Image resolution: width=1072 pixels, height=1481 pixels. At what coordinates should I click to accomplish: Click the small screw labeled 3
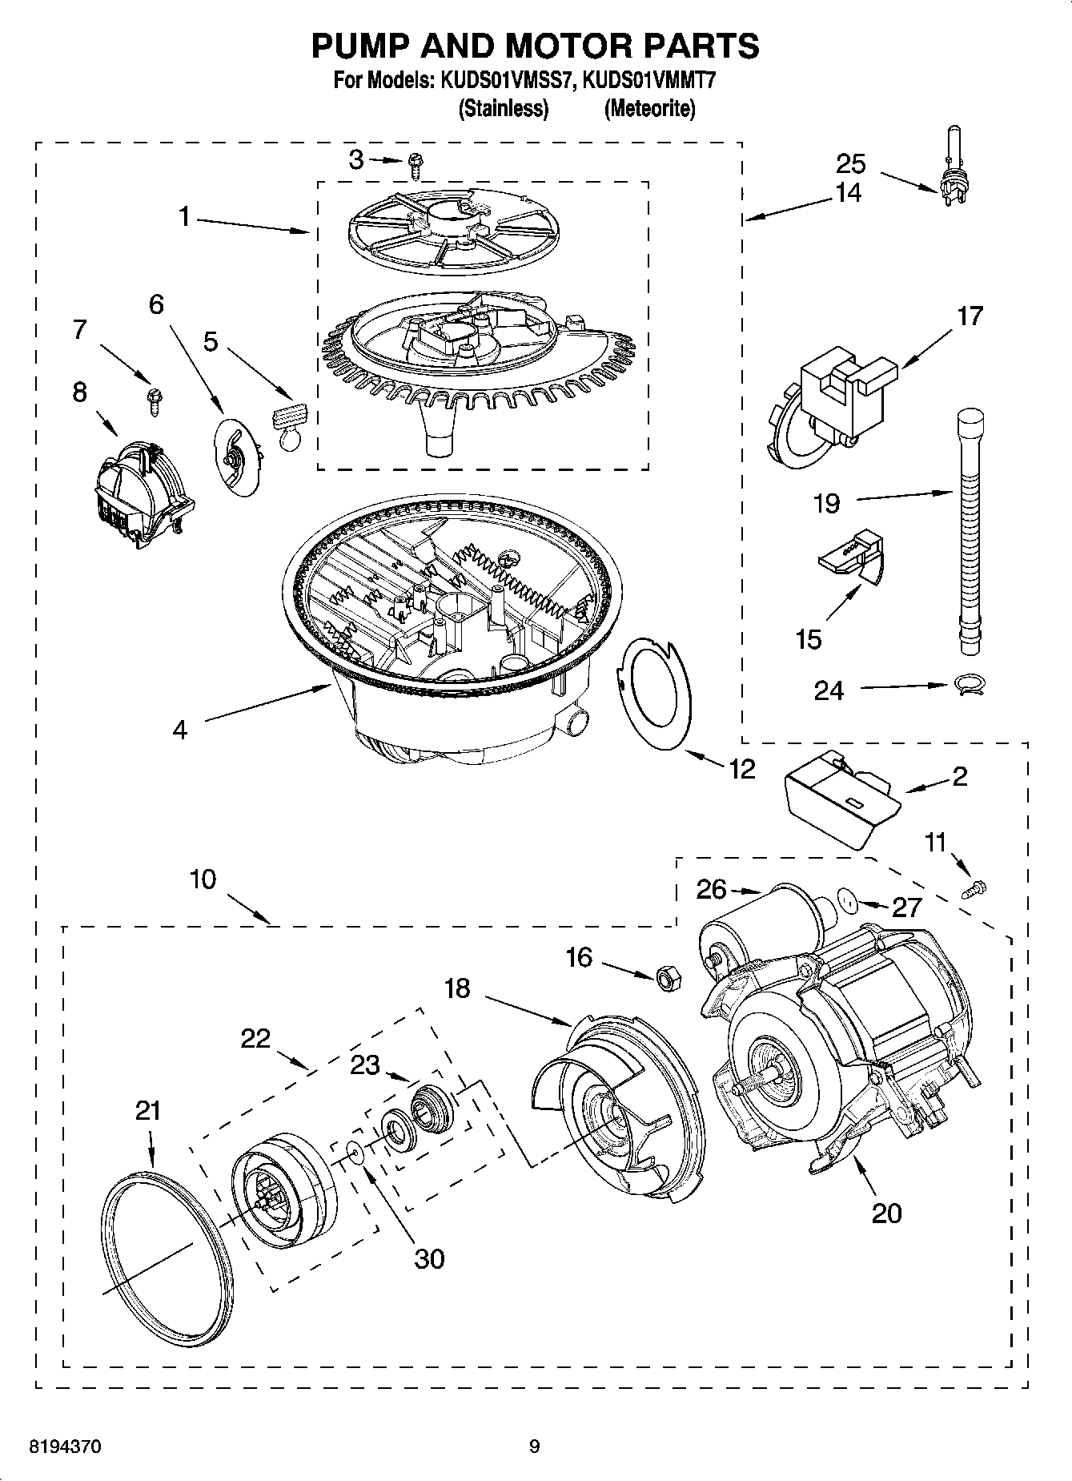(415, 165)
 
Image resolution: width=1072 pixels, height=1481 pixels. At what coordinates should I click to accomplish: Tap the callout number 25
(850, 163)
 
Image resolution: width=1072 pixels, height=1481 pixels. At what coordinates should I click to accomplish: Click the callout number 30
(429, 1258)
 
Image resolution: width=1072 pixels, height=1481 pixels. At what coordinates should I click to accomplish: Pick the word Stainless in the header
(503, 109)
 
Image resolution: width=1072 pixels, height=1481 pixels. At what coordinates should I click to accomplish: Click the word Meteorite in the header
(649, 109)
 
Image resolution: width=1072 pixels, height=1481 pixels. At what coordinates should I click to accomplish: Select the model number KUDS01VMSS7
(504, 81)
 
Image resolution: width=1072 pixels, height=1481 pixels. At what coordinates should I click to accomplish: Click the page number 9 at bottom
(534, 1447)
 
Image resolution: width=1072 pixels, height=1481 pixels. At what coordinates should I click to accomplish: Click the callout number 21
(148, 1110)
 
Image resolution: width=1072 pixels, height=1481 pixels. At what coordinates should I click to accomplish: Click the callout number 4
(180, 729)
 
